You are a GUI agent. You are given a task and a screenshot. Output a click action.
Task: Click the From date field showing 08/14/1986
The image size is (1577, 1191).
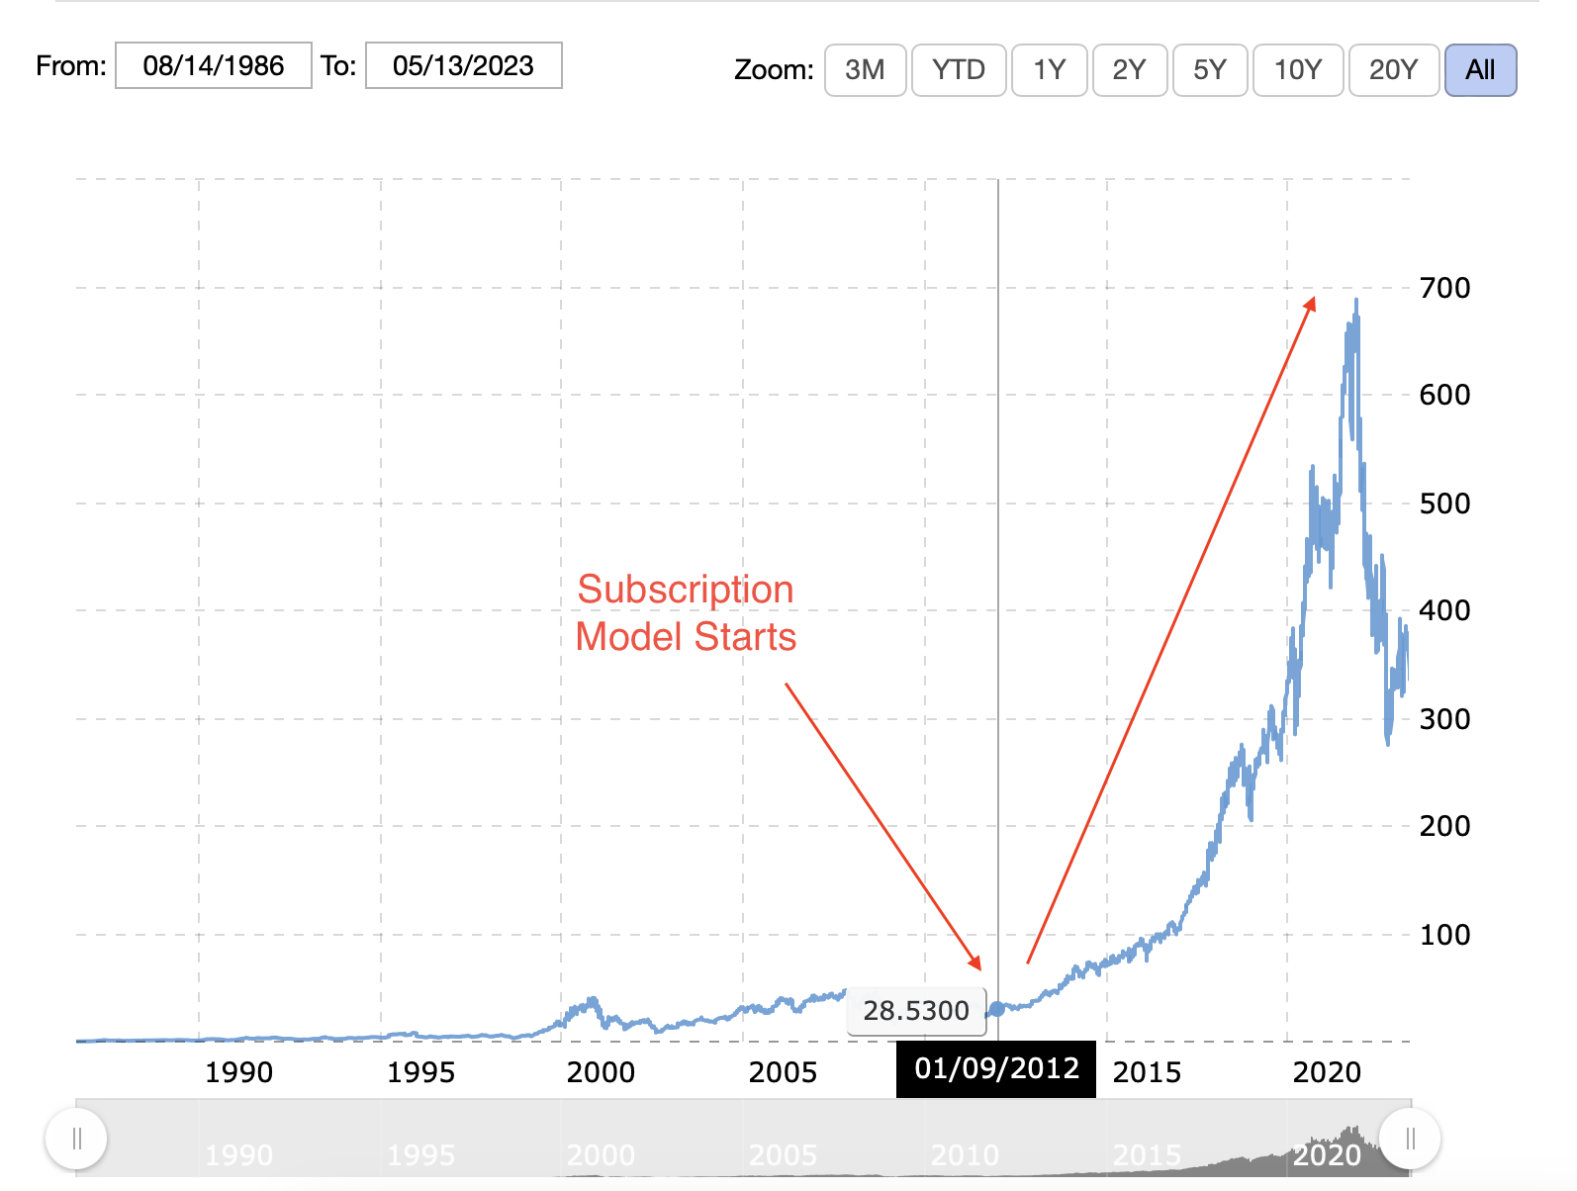click(214, 66)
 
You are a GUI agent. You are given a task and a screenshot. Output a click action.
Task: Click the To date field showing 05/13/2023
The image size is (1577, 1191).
click(463, 66)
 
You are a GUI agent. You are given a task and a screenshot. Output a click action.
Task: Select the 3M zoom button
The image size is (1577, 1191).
click(865, 70)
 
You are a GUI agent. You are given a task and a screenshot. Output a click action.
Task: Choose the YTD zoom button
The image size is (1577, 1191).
click(958, 70)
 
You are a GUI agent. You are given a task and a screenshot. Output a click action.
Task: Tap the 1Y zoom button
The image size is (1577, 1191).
click(1049, 70)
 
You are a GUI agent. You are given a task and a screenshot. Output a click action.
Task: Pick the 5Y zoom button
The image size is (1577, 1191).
click(1209, 70)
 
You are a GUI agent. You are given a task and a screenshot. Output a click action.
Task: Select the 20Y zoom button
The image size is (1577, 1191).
click(1393, 70)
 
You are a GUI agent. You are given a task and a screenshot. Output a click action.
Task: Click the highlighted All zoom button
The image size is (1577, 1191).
click(1480, 70)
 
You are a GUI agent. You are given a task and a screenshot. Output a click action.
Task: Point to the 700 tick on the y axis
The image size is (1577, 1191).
click(1444, 288)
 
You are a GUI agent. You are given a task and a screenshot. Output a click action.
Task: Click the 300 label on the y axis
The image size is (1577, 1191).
click(1444, 719)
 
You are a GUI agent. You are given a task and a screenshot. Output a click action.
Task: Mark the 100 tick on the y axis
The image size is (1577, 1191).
click(1444, 935)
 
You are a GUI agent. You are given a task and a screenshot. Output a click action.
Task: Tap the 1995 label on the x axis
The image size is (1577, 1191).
click(420, 1072)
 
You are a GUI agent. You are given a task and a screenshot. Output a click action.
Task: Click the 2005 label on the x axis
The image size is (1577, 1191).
click(783, 1072)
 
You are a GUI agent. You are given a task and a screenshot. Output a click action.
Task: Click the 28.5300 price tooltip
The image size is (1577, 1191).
click(916, 1011)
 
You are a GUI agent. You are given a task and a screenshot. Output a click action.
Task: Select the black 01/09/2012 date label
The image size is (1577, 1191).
click(996, 1068)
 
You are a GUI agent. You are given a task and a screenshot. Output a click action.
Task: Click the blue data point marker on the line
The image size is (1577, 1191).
click(997, 1009)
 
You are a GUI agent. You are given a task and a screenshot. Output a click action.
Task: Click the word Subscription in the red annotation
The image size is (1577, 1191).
click(686, 590)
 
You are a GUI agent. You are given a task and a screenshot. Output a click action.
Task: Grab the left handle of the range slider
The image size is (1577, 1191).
click(76, 1139)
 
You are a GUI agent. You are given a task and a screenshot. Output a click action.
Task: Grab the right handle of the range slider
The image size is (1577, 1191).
click(1410, 1139)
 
